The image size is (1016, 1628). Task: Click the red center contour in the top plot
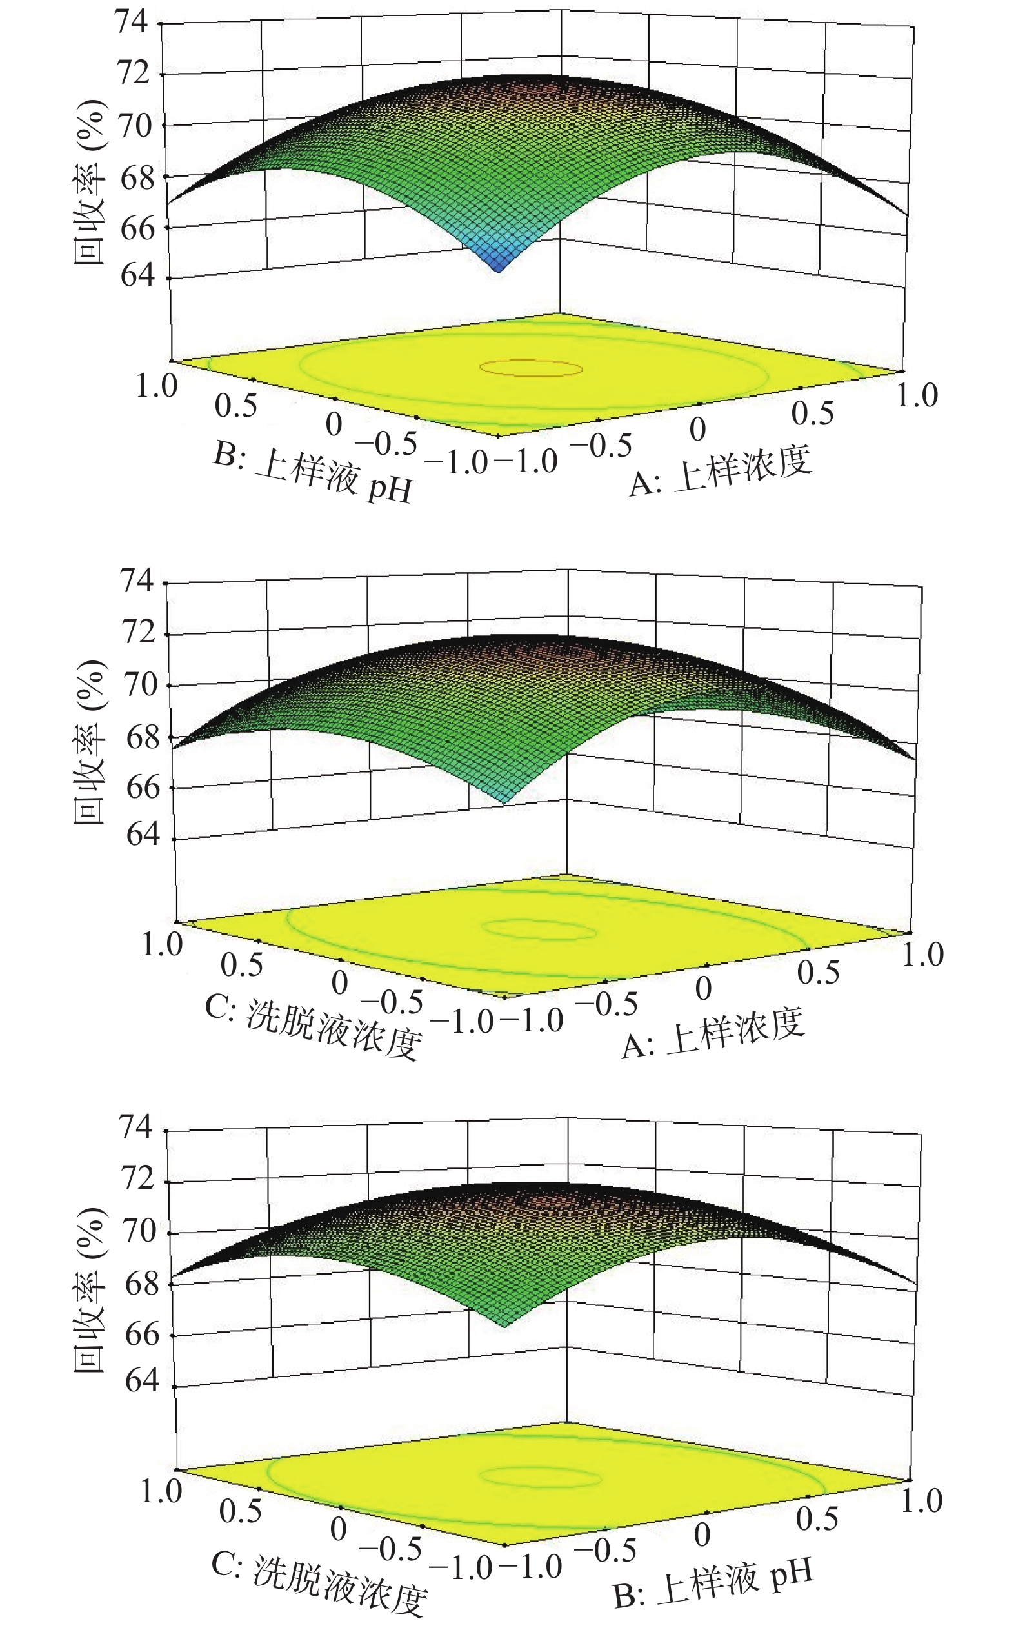tap(530, 368)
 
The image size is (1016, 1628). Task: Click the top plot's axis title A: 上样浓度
tap(721, 471)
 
